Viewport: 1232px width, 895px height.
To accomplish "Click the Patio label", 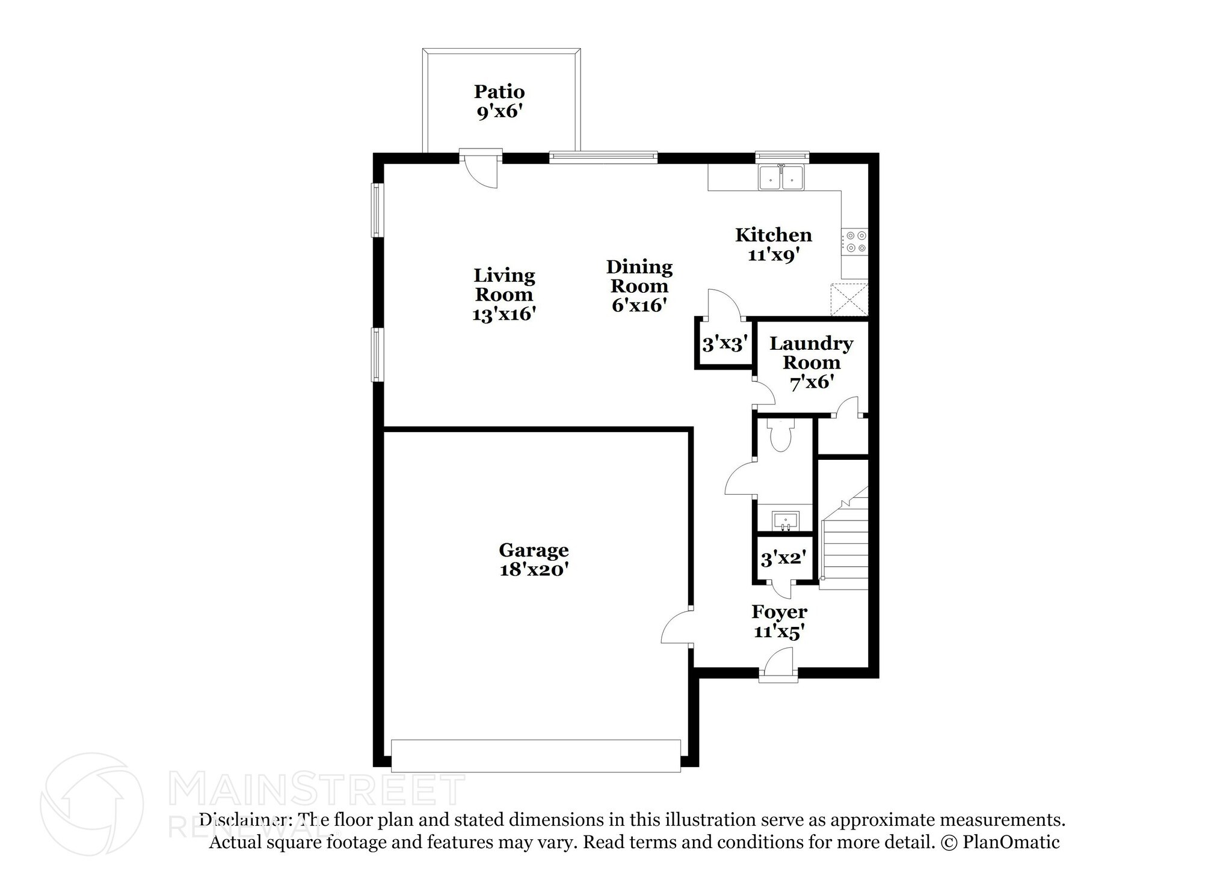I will click(x=499, y=92).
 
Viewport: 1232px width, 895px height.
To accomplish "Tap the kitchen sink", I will click(x=781, y=178).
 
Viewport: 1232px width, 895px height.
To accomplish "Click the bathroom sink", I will click(x=786, y=520).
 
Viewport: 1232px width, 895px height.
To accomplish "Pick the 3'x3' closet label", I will click(x=725, y=344).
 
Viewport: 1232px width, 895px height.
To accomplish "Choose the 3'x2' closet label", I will click(x=783, y=558).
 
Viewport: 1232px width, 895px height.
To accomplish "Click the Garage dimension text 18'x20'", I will click(x=534, y=569).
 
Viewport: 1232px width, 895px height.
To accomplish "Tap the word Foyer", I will click(x=779, y=612).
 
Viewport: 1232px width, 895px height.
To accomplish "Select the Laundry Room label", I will click(x=812, y=353).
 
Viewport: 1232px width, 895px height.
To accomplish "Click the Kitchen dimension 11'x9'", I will click(x=773, y=255).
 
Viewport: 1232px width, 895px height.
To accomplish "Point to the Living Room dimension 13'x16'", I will click(x=504, y=314).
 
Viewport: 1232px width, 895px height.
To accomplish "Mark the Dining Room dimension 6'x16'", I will click(x=639, y=305).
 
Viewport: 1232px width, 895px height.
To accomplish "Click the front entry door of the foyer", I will click(x=778, y=666).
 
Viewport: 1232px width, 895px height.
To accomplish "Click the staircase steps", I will click(x=845, y=544).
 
